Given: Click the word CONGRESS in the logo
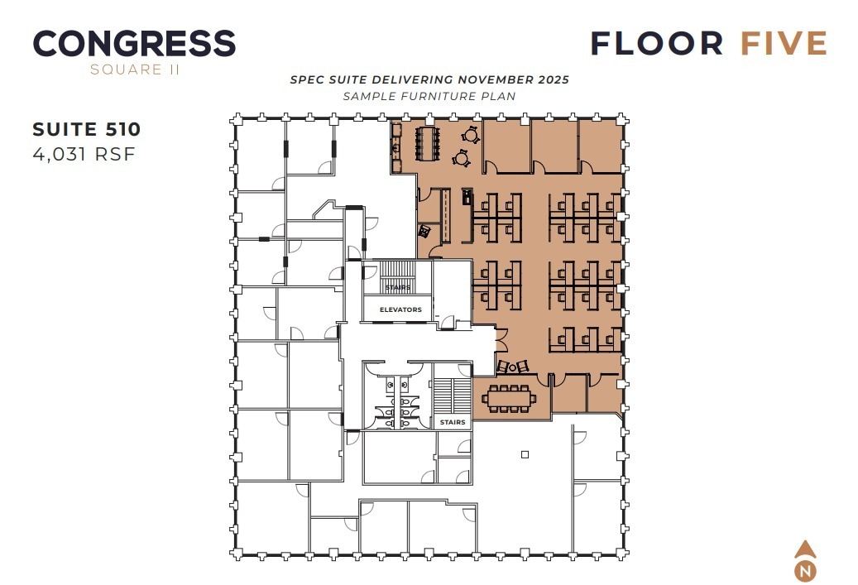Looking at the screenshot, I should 134,43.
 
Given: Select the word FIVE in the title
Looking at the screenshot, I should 784,43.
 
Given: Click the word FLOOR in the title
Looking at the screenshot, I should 657,43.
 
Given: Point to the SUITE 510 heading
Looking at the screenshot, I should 87,129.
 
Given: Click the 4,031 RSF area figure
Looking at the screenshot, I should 84,153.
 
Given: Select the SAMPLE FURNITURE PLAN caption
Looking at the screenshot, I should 429,96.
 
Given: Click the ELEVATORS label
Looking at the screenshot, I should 400,309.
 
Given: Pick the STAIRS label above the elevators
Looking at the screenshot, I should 397,288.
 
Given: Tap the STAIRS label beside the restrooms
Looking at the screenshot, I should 453,422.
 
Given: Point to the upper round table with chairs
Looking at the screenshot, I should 471,133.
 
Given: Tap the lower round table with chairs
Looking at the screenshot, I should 462,156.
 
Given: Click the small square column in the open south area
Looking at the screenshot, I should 525,454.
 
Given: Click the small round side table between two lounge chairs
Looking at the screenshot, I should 513,367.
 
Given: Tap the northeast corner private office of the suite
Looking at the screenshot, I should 598,146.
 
